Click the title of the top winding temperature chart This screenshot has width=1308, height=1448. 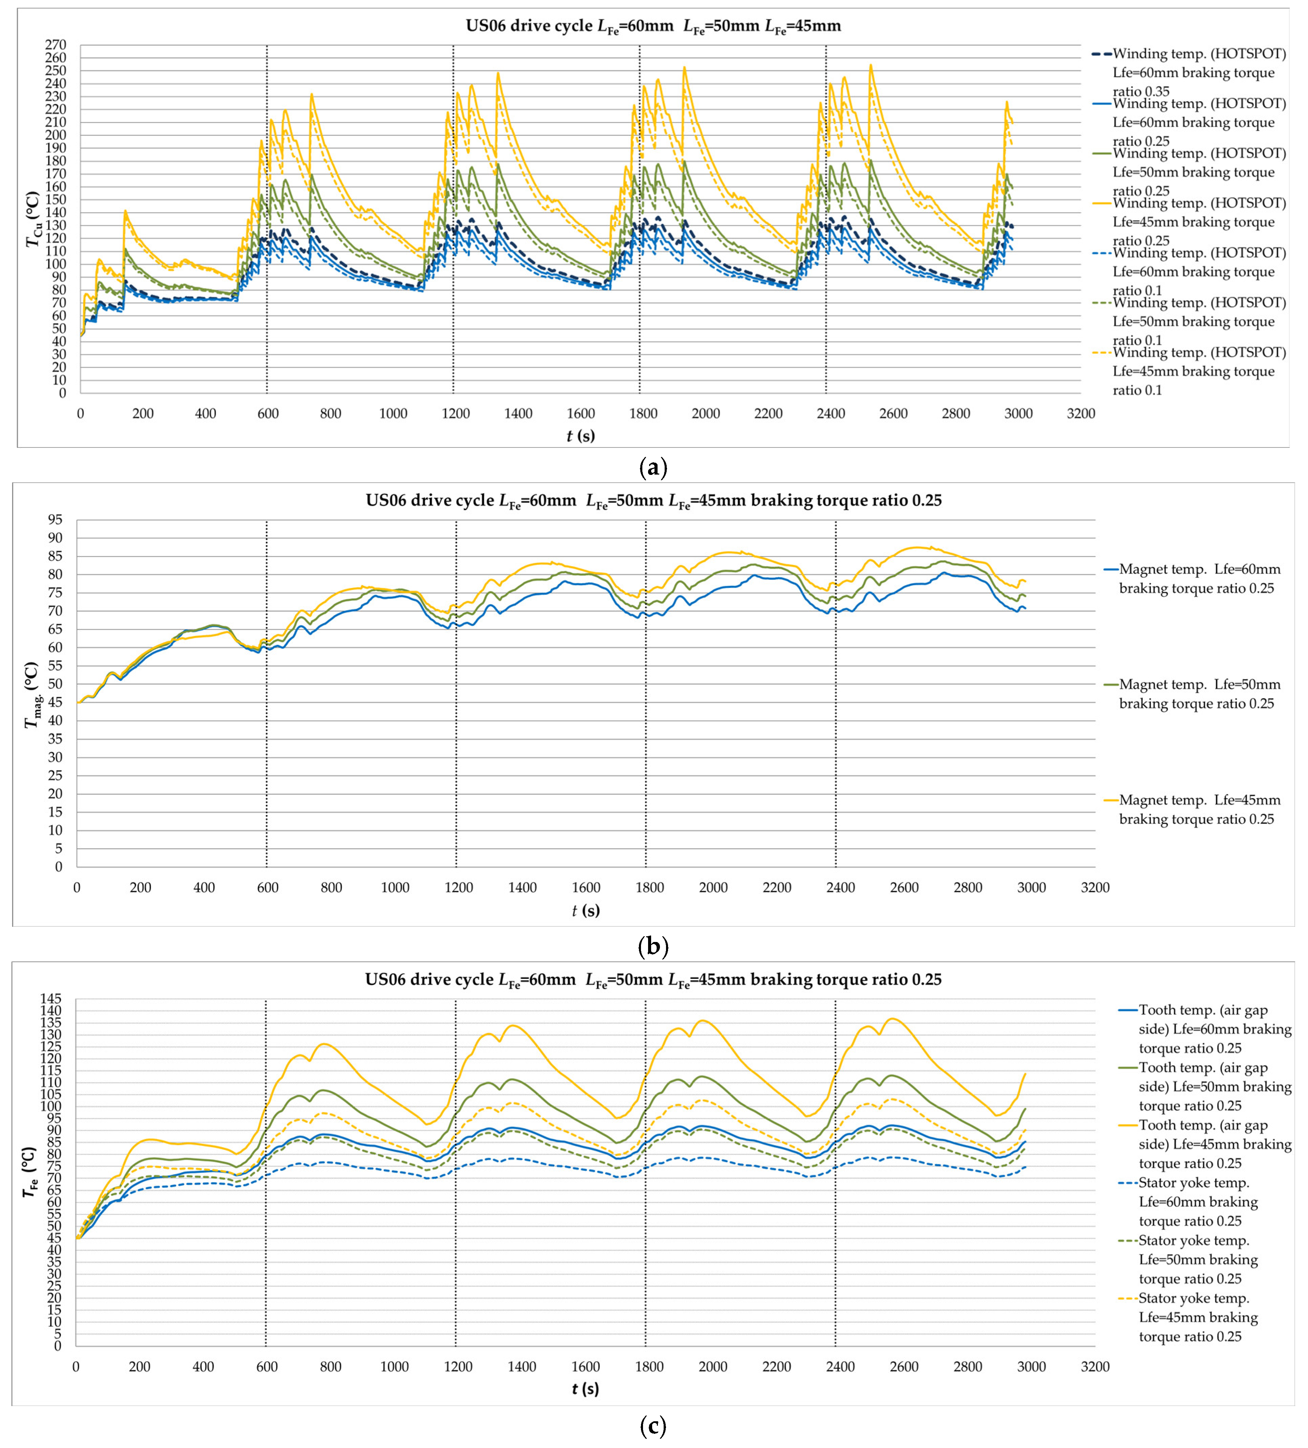point(653,27)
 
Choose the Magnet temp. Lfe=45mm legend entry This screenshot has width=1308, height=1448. point(1200,810)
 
